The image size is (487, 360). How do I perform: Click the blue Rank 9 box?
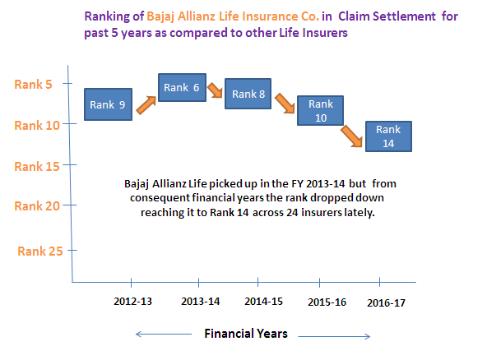point(108,104)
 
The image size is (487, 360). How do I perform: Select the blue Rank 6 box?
point(182,87)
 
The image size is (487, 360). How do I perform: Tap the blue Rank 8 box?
point(248,94)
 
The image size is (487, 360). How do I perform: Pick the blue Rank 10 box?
point(320,110)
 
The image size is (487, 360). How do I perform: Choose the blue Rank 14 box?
point(388,136)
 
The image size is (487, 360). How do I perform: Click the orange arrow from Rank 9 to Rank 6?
point(146,105)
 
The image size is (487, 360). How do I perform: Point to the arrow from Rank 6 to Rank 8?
point(215,90)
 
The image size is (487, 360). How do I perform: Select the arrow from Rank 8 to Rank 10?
point(285,103)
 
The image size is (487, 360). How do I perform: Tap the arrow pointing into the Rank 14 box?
point(351,136)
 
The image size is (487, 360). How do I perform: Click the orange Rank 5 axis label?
point(33,85)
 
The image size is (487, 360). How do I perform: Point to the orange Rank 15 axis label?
point(37,167)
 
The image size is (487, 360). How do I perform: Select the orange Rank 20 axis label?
point(37,206)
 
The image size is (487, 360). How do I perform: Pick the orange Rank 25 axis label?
point(40,252)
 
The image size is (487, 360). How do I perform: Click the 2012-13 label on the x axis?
point(133,302)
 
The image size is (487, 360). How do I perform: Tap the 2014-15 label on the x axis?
point(264,302)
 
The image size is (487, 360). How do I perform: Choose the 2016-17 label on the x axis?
point(387,303)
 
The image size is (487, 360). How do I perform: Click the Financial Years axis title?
point(246,334)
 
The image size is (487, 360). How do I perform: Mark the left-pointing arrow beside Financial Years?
point(164,335)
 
